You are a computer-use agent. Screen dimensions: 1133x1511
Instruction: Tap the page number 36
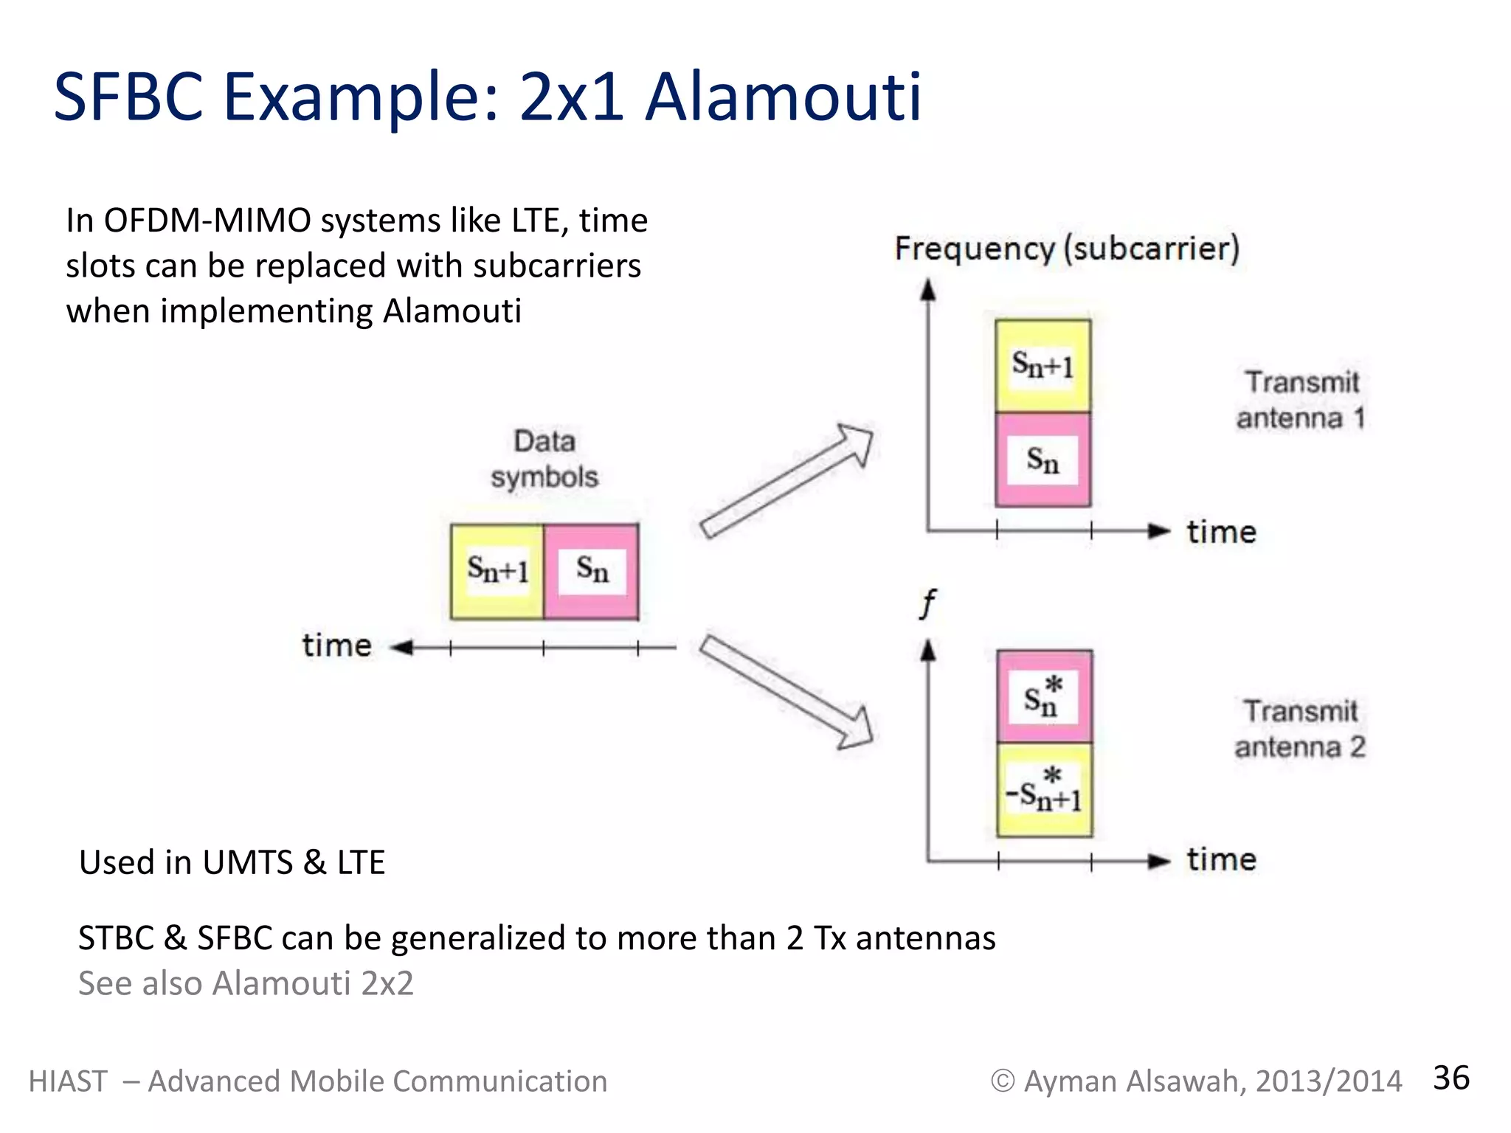[x=1451, y=1078]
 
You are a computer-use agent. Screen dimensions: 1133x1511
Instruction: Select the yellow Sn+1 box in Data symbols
[x=497, y=572]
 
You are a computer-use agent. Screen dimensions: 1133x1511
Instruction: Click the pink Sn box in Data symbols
[x=592, y=572]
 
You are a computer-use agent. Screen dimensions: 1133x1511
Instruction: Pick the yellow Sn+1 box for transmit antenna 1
[x=1042, y=366]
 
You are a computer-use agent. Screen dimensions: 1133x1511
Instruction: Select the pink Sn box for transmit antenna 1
[x=1042, y=460]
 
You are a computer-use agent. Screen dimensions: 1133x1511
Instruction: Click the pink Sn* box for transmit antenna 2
[x=1043, y=696]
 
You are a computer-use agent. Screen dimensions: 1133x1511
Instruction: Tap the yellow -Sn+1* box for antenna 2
[x=1043, y=790]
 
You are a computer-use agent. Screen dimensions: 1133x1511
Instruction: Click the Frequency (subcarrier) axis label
[x=1066, y=249]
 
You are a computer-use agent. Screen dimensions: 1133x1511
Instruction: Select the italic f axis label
[x=928, y=604]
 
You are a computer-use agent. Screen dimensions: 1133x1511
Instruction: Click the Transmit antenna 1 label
[x=1301, y=400]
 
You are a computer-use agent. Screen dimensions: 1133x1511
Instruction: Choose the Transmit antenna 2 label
[x=1300, y=729]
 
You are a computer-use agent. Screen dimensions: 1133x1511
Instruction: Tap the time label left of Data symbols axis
[x=336, y=645]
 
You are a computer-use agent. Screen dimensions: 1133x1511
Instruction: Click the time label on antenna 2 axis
[x=1221, y=860]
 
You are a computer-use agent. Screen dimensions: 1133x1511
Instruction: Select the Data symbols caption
[x=544, y=459]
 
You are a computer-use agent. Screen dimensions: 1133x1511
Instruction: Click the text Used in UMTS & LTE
[x=232, y=862]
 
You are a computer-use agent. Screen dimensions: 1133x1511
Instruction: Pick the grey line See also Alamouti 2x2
[x=246, y=983]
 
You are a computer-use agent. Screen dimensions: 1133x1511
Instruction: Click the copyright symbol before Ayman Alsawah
[x=1002, y=1081]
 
